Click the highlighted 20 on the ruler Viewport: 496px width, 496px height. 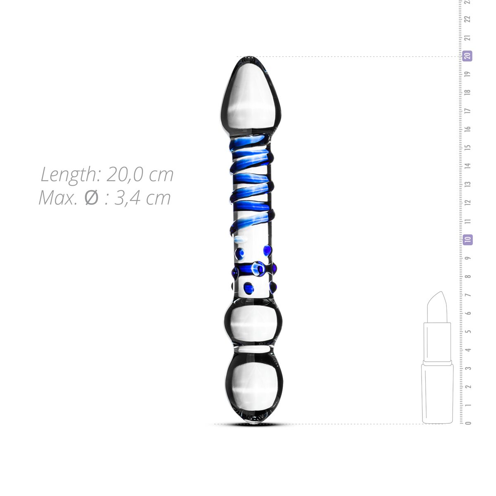(467, 56)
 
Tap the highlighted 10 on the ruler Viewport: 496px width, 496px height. (467, 239)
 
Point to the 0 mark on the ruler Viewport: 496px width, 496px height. (468, 423)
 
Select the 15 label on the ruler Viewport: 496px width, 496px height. (468, 147)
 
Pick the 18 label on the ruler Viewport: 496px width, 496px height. (468, 92)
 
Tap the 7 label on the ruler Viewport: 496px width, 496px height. (468, 295)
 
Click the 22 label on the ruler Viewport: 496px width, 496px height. (468, 19)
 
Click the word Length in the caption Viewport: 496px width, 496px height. (68, 174)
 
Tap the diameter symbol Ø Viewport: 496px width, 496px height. (91, 198)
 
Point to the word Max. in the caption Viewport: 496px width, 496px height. (58, 198)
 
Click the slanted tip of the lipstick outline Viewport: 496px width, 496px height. (439, 300)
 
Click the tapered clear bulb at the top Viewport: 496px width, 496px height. (250, 97)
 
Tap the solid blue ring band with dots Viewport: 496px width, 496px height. (253, 269)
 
